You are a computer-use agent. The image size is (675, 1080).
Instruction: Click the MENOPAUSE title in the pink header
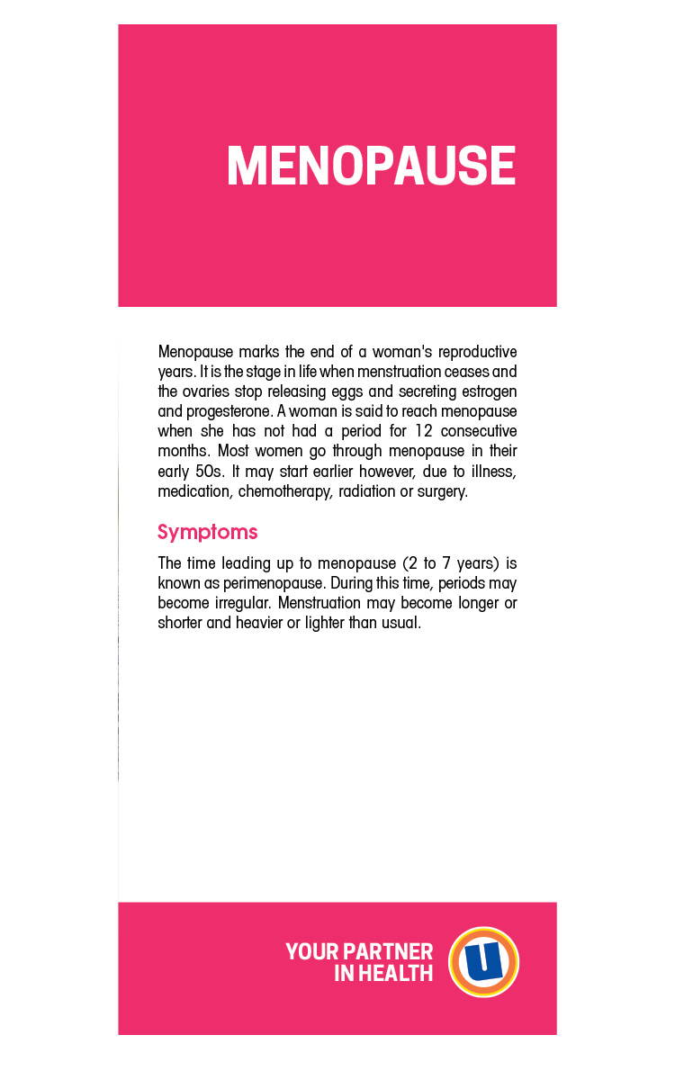(x=371, y=166)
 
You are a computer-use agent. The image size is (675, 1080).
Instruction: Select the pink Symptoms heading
(x=207, y=532)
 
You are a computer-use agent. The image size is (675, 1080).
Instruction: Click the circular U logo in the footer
(x=483, y=961)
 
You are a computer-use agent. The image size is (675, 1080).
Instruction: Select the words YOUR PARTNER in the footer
(x=358, y=951)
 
